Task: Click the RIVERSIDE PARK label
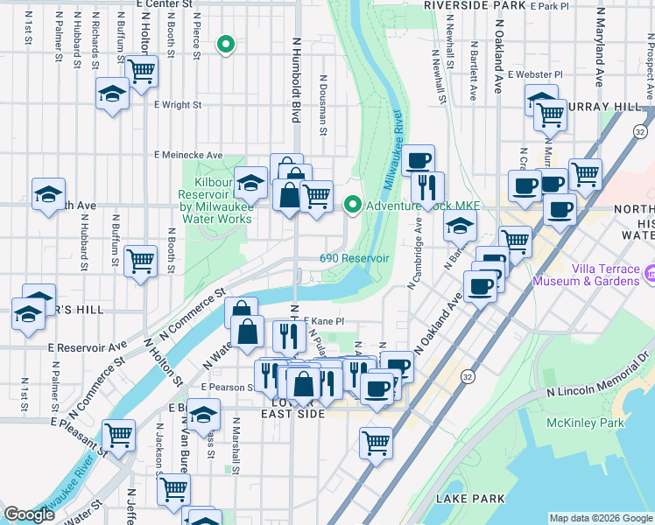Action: [474, 5]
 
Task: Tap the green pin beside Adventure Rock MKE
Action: [353, 206]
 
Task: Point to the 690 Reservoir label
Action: [354, 259]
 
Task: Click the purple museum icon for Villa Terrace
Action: [649, 276]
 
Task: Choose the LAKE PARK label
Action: [469, 499]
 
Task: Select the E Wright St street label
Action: [178, 105]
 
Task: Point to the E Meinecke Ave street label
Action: [188, 155]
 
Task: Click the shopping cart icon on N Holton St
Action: [140, 71]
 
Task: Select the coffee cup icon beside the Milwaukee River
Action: [419, 160]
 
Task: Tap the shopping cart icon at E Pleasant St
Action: [118, 434]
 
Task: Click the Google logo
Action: [29, 514]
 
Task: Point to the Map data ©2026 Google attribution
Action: [601, 518]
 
